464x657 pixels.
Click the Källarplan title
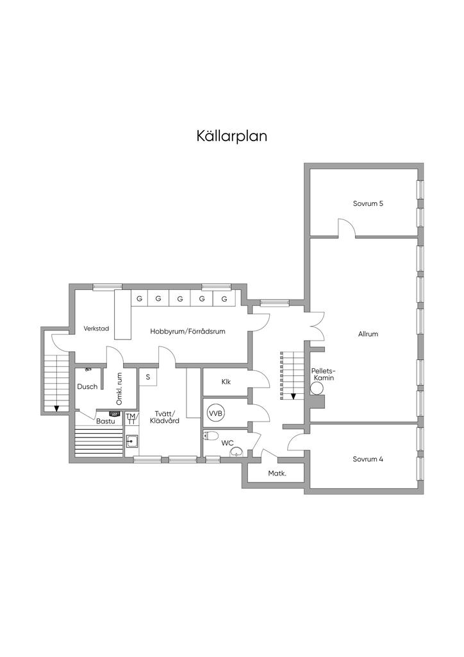[232, 136]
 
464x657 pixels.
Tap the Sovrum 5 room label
[368, 203]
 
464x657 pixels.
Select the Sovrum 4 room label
[368, 459]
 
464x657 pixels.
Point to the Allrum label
[368, 334]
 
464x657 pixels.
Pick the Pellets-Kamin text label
[324, 374]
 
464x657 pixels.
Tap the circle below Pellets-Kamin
[317, 389]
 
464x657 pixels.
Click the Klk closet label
[226, 382]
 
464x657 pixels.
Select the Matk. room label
[277, 474]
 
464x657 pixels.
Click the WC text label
[228, 443]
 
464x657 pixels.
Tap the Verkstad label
[96, 328]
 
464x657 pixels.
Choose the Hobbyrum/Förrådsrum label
[188, 332]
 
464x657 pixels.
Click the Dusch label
[87, 387]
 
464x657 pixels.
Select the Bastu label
[106, 422]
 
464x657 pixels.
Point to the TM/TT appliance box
[131, 418]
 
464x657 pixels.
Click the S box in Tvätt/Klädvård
[147, 377]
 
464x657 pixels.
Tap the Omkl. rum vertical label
[119, 389]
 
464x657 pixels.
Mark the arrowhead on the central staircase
[294, 396]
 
